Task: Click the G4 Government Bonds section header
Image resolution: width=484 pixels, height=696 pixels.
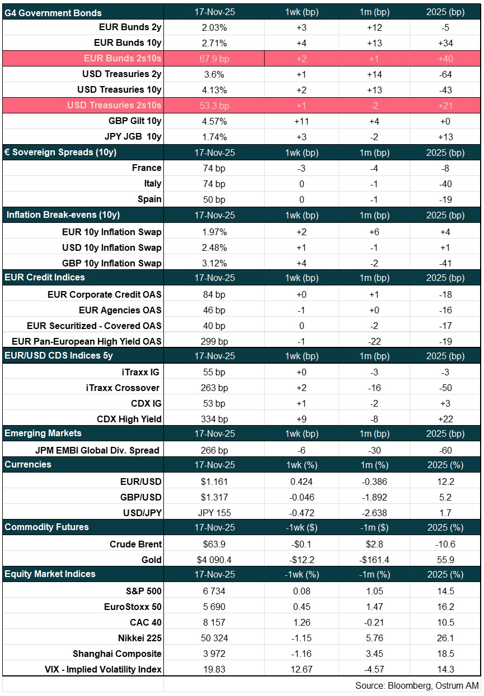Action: pyautogui.click(x=54, y=12)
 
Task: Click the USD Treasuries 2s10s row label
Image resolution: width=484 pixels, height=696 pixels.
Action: pyautogui.click(x=114, y=105)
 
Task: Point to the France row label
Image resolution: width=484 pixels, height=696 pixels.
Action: pyautogui.click(x=147, y=168)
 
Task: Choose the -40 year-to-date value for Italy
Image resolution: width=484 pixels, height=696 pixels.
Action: pyautogui.click(x=446, y=184)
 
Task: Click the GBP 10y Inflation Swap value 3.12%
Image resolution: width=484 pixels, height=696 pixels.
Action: pyautogui.click(x=214, y=263)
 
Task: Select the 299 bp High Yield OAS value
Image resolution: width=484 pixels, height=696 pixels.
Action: pyautogui.click(x=214, y=341)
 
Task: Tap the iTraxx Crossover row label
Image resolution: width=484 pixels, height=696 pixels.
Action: pyautogui.click(x=128, y=388)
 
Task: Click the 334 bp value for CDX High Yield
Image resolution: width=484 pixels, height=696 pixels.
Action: pyautogui.click(x=214, y=419)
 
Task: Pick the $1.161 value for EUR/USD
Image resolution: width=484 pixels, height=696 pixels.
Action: pyautogui.click(x=214, y=482)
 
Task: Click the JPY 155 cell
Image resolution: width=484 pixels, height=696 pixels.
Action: pyautogui.click(x=214, y=513)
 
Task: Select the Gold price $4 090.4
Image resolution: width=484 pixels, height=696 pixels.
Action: pyautogui.click(x=214, y=560)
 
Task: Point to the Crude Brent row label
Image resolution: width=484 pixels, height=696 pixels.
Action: pyautogui.click(x=137, y=544)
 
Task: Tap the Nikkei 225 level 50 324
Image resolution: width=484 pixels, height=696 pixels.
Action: pyautogui.click(x=214, y=638)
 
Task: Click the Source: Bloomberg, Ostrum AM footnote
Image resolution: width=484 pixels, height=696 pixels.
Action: pyautogui.click(x=416, y=685)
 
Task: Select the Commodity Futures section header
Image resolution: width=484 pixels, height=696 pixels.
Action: pyautogui.click(x=47, y=527)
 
